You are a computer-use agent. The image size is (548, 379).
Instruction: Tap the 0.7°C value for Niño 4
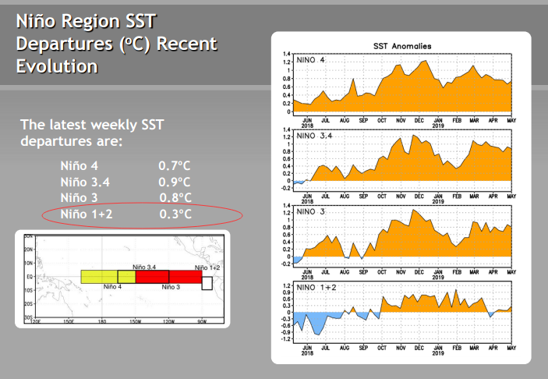pos(175,165)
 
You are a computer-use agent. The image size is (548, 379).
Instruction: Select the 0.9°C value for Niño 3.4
pos(175,182)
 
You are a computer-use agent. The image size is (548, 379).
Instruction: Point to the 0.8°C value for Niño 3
pos(175,197)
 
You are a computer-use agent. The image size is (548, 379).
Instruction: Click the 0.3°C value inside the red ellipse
pos(175,214)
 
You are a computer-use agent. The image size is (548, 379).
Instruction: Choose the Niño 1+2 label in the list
pos(87,214)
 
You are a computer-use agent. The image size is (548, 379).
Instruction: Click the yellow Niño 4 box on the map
pos(99,277)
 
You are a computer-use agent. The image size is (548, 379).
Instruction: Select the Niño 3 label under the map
pos(171,287)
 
